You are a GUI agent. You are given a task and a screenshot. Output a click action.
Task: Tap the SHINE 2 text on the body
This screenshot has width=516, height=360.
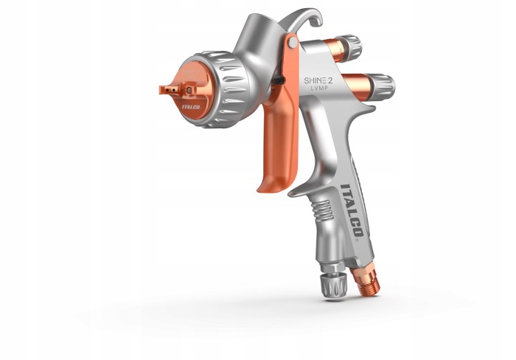pyautogui.click(x=318, y=80)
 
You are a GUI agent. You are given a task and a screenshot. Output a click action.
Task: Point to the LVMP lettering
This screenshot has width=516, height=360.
pyautogui.click(x=319, y=89)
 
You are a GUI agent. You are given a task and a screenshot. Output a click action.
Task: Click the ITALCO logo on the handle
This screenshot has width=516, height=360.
pyautogui.click(x=352, y=210)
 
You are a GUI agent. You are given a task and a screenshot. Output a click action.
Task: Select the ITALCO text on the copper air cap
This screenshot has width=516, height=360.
pyautogui.click(x=191, y=107)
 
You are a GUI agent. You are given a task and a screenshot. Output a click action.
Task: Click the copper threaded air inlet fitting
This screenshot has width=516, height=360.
pyautogui.click(x=366, y=281)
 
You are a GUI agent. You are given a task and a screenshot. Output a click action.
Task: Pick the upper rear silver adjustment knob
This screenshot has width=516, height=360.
pyautogui.click(x=351, y=46)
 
